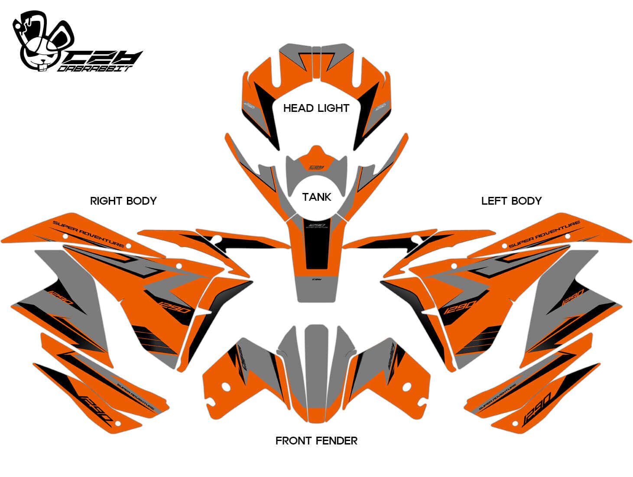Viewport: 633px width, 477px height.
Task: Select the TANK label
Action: [317, 197]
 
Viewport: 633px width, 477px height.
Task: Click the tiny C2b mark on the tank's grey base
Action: [317, 280]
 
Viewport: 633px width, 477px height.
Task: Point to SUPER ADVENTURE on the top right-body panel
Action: [88, 234]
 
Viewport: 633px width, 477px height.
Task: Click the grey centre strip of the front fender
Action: [317, 369]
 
